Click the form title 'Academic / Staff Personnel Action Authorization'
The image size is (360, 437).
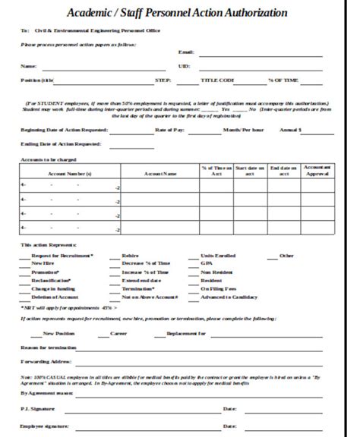[177, 13]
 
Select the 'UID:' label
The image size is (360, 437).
[184, 66]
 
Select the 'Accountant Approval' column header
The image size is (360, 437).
[316, 170]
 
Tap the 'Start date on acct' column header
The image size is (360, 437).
[249, 170]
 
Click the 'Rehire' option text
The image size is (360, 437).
[130, 256]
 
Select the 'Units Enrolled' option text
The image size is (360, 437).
[215, 256]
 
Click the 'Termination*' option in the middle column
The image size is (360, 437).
[137, 289]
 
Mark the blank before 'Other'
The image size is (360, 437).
[266, 256]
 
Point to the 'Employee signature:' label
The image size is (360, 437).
[42, 427]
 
